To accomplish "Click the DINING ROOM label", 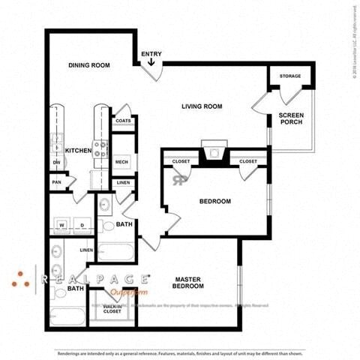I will (89, 65).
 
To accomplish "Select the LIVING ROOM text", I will (202, 106).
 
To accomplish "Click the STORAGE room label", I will (290, 76).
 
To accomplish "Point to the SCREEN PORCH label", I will (292, 118).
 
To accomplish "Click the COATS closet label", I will (123, 121).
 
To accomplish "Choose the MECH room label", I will (122, 162).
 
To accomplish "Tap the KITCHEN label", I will (78, 151).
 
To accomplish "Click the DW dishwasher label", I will (56, 162).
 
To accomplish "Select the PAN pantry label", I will (56, 181).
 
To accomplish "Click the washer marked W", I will (62, 223).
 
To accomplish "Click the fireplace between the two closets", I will (214, 154).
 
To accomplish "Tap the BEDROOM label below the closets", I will (214, 201).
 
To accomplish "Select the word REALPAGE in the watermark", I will (93, 278).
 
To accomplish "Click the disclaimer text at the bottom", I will (180, 353).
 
